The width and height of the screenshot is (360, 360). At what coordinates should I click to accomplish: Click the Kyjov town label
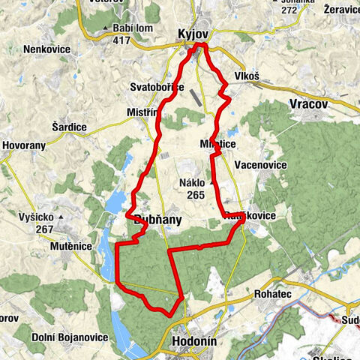point(193,34)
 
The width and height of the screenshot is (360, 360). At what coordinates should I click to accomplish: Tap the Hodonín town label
point(193,339)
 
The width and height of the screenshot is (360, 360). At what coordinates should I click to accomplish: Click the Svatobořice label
point(157,87)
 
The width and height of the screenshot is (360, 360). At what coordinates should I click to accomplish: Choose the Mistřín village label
point(142,112)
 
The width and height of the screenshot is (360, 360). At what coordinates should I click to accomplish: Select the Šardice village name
point(68,127)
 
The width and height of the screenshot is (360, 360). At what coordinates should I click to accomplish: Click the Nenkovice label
point(46,49)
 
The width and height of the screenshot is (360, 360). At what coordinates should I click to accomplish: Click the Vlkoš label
point(246,76)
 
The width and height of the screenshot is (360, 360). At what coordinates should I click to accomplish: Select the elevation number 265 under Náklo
point(196,195)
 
